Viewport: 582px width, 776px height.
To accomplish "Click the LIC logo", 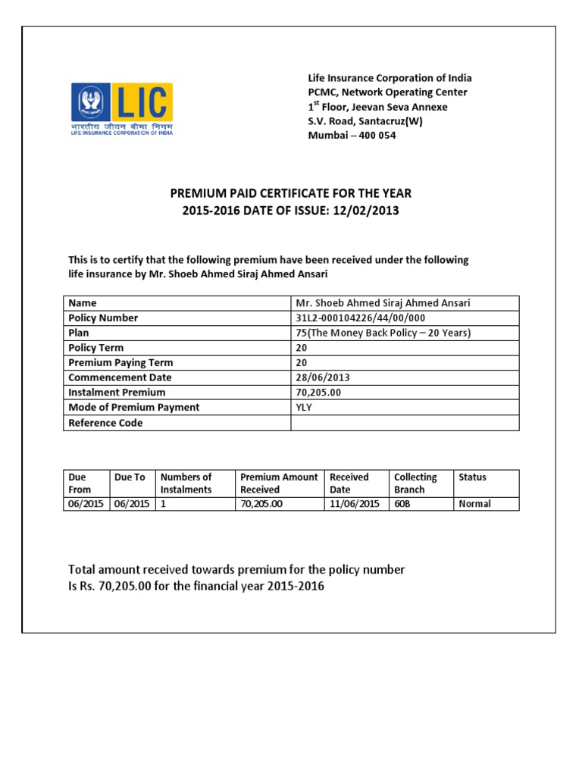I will coord(122,109).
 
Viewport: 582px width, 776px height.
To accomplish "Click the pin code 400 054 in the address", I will coord(375,136).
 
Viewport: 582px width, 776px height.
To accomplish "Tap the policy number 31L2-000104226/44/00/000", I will coord(360,318).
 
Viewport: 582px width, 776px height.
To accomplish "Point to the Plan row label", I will coord(79,333).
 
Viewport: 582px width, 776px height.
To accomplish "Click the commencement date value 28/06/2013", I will coord(323,377).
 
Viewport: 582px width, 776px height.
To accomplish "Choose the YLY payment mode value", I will coord(304,407).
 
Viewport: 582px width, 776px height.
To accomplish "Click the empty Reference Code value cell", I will coord(405,423).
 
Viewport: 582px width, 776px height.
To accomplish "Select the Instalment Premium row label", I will coord(117,393).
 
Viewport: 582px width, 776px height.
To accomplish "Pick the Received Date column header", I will coord(349,483).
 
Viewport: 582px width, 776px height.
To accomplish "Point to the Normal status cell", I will coord(474,504).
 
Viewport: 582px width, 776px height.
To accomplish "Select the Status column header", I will coord(472,477).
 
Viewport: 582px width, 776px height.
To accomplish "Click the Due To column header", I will coord(130,477).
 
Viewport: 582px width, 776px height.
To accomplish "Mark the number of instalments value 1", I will coord(163,504).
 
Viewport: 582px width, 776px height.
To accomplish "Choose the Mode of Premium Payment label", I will coord(133,407).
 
